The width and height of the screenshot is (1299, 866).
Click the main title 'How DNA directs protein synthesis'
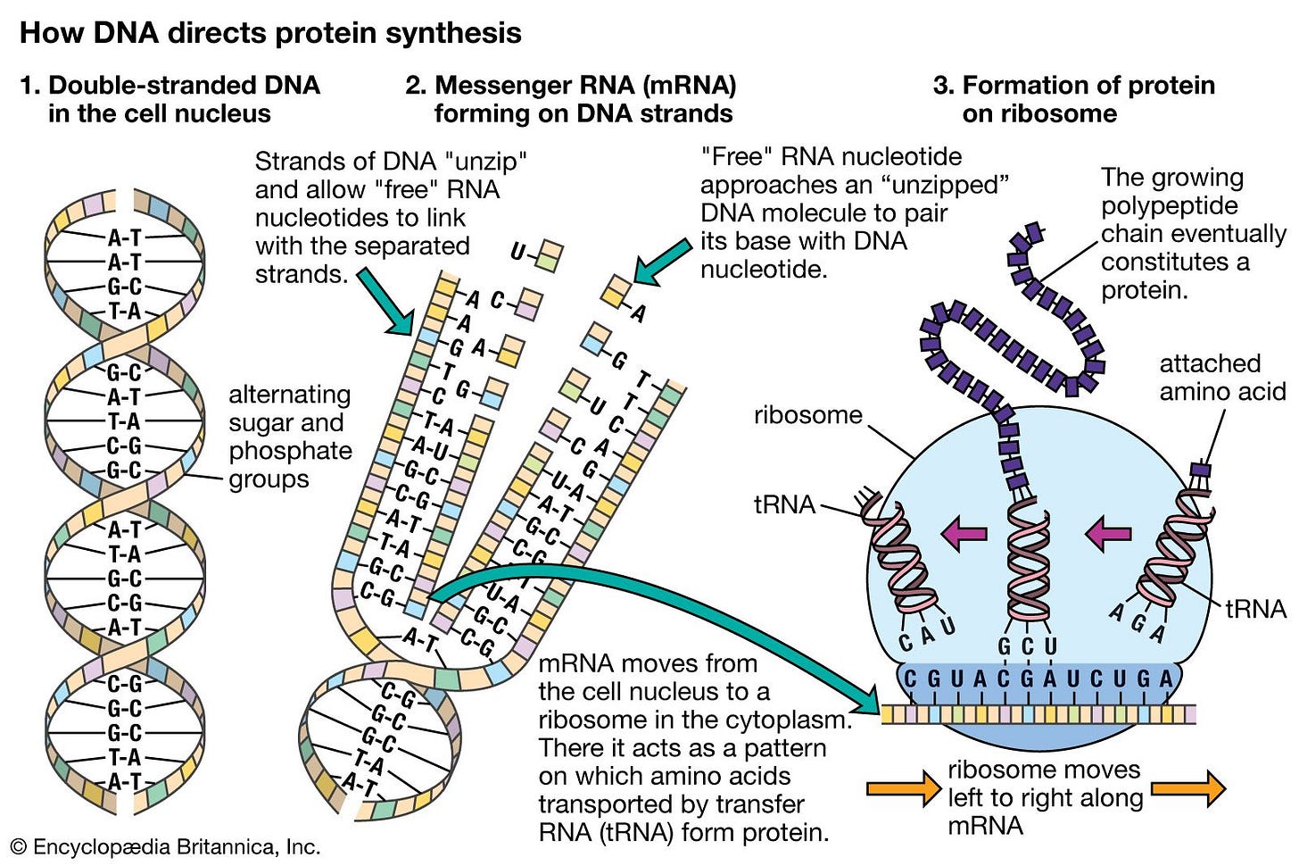[x=270, y=33]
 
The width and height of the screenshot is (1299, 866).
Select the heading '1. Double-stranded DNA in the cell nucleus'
[x=170, y=99]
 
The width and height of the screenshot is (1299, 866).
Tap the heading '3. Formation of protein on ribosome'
[x=1073, y=99]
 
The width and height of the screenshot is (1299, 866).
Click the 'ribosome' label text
[x=807, y=415]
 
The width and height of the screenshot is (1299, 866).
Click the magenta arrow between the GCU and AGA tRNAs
[x=1108, y=534]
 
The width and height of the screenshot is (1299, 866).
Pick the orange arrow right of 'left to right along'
[x=1188, y=788]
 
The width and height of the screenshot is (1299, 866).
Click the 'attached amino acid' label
[x=1221, y=378]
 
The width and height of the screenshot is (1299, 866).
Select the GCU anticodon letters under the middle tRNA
[x=1027, y=646]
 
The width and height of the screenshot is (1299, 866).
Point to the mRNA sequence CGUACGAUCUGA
[x=1038, y=680]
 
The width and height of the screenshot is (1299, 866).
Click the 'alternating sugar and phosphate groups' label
[x=289, y=437]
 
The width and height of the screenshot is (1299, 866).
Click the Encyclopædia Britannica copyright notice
[x=165, y=846]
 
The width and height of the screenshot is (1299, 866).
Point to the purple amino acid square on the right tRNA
[x=1201, y=469]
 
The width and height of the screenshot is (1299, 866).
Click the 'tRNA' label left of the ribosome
[x=784, y=504]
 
